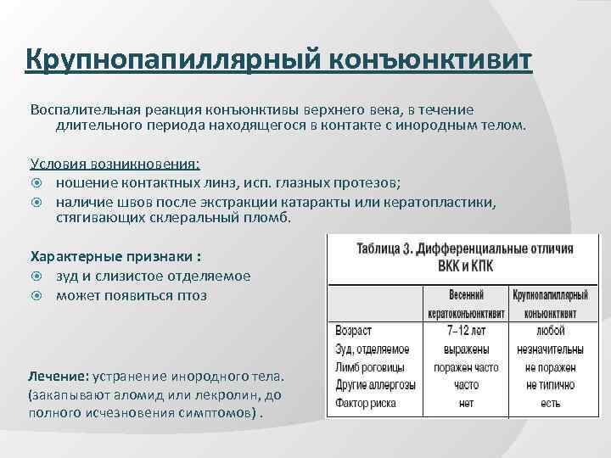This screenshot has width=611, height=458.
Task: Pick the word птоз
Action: tap(187, 295)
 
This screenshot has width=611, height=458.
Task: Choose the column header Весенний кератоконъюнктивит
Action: tap(467, 304)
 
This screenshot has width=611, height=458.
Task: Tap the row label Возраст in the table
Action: tap(353, 330)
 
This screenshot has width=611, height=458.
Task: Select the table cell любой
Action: tap(550, 330)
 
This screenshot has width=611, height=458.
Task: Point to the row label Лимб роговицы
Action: tap(371, 366)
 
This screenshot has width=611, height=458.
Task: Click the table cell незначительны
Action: tap(550, 349)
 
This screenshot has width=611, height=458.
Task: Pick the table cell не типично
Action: tap(550, 385)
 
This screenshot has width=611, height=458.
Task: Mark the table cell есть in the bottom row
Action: tap(550, 404)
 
